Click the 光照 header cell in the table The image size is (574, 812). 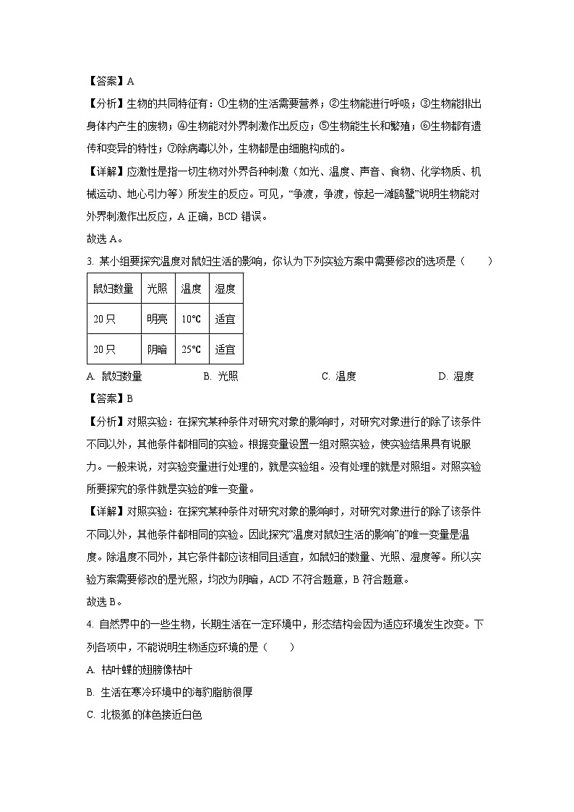pos(157,289)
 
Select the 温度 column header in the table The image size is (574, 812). pos(191,289)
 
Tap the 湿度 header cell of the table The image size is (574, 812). pos(225,289)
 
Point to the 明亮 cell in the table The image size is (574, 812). pos(157,319)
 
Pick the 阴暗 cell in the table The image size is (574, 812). pos(157,349)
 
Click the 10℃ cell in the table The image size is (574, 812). pos(191,319)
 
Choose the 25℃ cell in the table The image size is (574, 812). pos(191,349)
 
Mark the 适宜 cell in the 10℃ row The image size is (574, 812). pos(225,319)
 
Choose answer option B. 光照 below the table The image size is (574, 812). pos(220,376)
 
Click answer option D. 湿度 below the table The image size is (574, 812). pos(455,376)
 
